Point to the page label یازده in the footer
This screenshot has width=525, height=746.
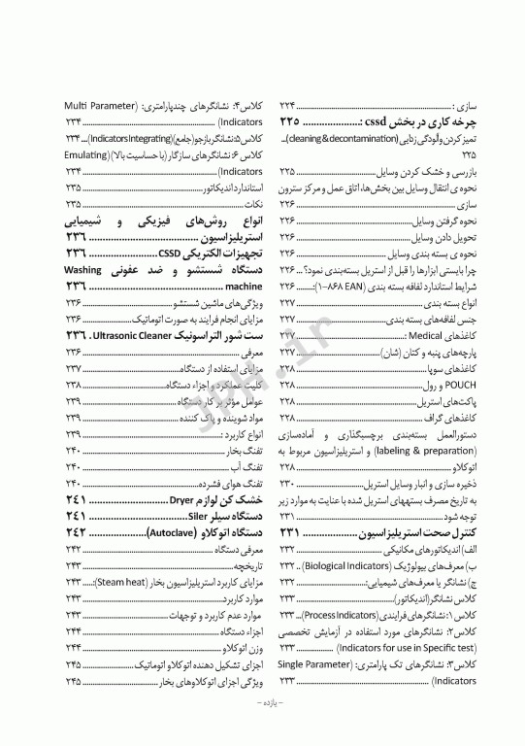pyautogui.click(x=265, y=728)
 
